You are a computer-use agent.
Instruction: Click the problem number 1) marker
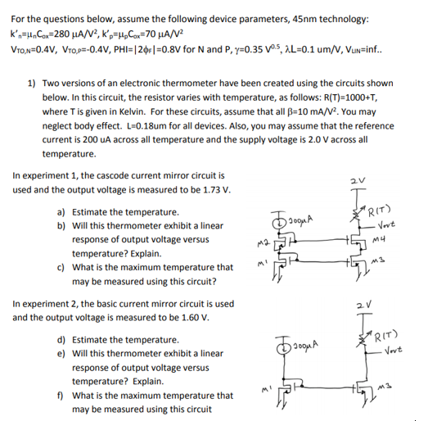point(32,84)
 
